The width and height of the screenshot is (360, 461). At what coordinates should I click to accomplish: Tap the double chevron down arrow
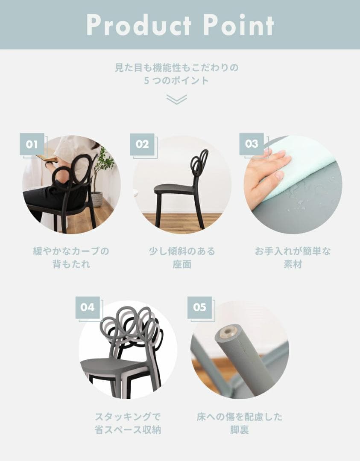coord(176,99)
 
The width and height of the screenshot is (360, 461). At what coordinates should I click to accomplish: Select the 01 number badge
coord(32,144)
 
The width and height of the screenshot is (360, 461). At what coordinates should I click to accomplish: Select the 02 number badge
coord(142,144)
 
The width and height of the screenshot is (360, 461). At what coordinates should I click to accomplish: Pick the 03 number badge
coord(252,144)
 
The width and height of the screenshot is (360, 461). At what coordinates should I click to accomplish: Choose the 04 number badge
coord(88,307)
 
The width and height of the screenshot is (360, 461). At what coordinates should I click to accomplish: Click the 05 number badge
coord(199,307)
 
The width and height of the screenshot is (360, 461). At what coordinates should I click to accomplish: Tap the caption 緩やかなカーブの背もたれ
coord(71,257)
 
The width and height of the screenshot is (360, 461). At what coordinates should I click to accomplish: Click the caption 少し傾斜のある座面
coord(181,257)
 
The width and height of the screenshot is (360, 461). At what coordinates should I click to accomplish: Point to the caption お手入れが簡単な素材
coord(293,257)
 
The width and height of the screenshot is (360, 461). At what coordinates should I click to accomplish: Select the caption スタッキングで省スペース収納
coord(128,423)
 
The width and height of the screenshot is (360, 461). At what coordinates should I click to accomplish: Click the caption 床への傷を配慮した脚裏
coord(240,423)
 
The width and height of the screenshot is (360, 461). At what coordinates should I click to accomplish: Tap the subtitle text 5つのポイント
coord(176,80)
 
